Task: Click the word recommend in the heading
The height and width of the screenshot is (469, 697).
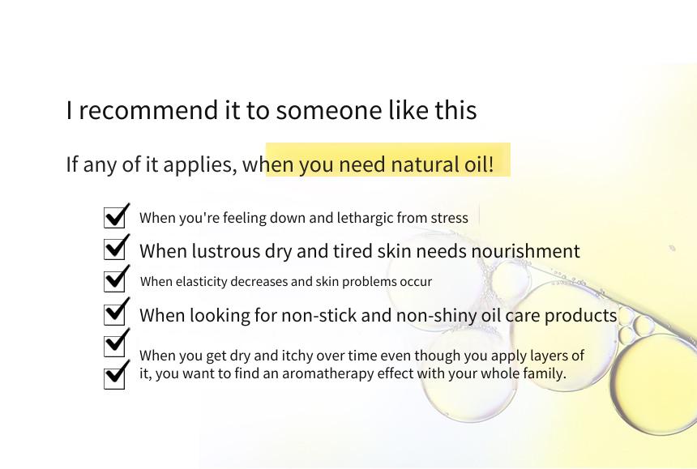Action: (149, 110)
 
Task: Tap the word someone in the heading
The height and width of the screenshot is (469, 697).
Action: (328, 110)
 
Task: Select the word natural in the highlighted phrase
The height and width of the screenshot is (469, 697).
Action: (425, 164)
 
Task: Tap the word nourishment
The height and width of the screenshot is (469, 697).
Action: (525, 251)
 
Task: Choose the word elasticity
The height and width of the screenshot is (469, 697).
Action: (201, 282)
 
